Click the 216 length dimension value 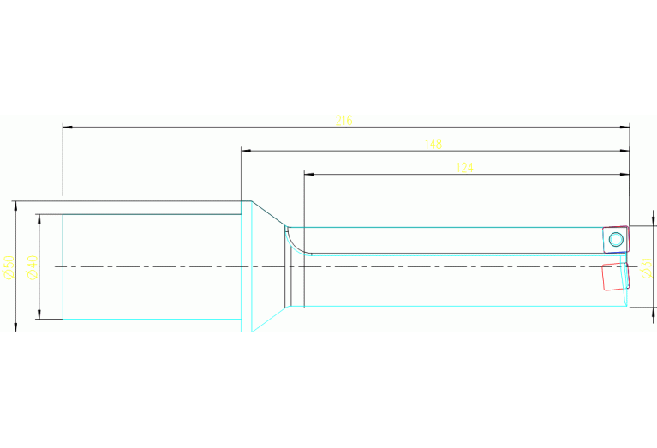tap(344, 121)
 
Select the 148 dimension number tap(434, 144)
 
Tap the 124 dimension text tap(464, 168)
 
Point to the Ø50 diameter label tap(7, 267)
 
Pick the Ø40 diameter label tap(31, 267)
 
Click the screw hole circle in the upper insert tap(616, 239)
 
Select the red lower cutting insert tap(614, 277)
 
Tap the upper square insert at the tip tap(614, 239)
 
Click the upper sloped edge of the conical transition tap(267, 215)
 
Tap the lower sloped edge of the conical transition tap(267, 320)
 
